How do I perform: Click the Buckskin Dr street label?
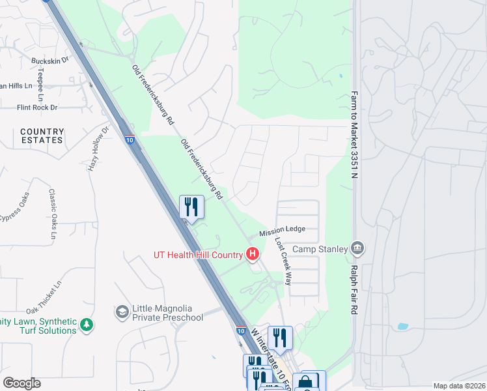[50, 61]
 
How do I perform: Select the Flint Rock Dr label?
[37, 108]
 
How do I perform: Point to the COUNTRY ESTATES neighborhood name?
[42, 136]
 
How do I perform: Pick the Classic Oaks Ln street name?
[52, 209]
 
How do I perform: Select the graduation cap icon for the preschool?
[122, 313]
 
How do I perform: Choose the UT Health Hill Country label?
[199, 254]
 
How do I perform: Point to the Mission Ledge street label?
[281, 233]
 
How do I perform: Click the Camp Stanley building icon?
[357, 248]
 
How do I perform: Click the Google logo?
[21, 383]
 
